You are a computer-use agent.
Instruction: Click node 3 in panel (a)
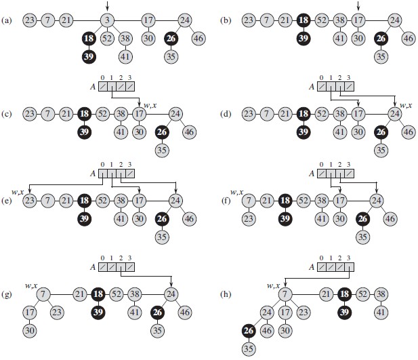click(107, 20)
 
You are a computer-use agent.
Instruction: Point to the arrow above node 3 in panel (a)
click(107, 6)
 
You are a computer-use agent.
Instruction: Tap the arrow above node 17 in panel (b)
click(358, 6)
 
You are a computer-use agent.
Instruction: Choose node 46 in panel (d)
click(408, 132)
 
